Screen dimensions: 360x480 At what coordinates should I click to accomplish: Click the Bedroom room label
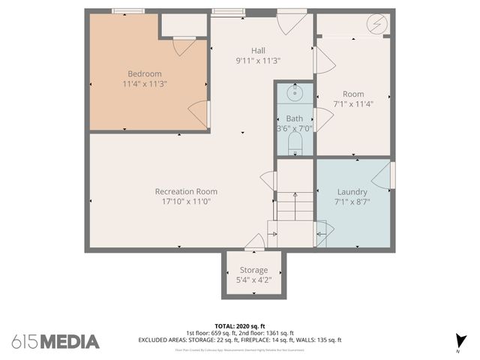[145, 73]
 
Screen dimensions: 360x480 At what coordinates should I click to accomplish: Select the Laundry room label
[352, 191]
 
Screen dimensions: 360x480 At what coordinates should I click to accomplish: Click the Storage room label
[253, 270]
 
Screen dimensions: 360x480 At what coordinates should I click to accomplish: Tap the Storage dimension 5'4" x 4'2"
[253, 280]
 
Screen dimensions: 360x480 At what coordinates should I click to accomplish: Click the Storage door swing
[254, 241]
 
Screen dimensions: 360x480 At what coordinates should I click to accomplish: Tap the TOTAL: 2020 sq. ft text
[240, 326]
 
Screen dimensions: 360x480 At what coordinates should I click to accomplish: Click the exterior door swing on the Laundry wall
[384, 175]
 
